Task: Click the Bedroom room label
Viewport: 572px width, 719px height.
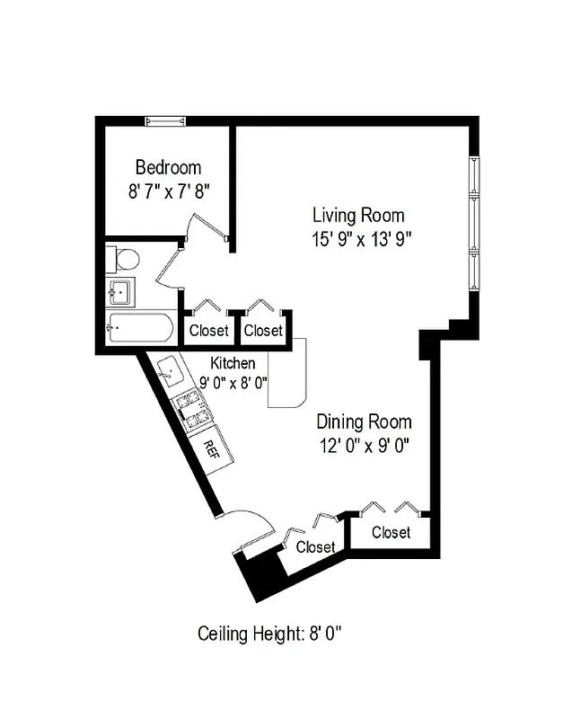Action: [x=168, y=167]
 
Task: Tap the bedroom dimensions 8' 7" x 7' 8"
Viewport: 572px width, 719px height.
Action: [x=168, y=191]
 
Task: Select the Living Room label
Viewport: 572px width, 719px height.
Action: [x=357, y=216]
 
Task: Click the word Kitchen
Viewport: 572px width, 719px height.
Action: [x=233, y=363]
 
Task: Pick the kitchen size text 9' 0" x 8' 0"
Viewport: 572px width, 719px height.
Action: [x=233, y=380]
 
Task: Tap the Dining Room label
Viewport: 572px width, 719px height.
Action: [x=364, y=422]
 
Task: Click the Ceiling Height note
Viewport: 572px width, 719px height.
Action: [x=269, y=634]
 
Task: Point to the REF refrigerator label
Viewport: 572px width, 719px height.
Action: [x=212, y=448]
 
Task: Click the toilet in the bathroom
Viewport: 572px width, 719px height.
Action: [x=125, y=260]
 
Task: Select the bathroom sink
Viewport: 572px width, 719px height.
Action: [x=119, y=292]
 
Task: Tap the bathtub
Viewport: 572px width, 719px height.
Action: [x=140, y=327]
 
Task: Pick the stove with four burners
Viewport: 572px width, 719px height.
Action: [x=191, y=409]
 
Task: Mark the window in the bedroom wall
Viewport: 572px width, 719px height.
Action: [x=166, y=120]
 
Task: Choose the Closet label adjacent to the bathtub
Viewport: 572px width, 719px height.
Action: [x=208, y=331]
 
